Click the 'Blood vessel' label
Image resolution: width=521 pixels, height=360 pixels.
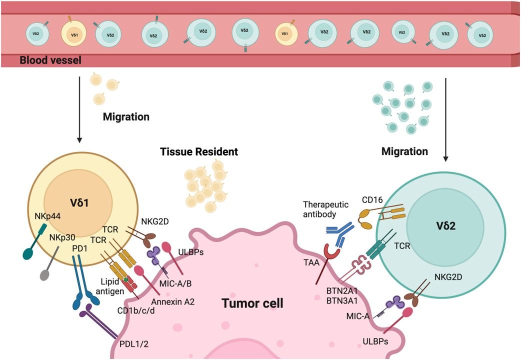tap(50, 60)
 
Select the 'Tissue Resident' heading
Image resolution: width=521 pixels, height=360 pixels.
tap(199, 151)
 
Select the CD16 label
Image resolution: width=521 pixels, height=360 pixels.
tap(372, 200)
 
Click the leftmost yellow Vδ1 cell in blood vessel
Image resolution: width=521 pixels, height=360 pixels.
tap(72, 34)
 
